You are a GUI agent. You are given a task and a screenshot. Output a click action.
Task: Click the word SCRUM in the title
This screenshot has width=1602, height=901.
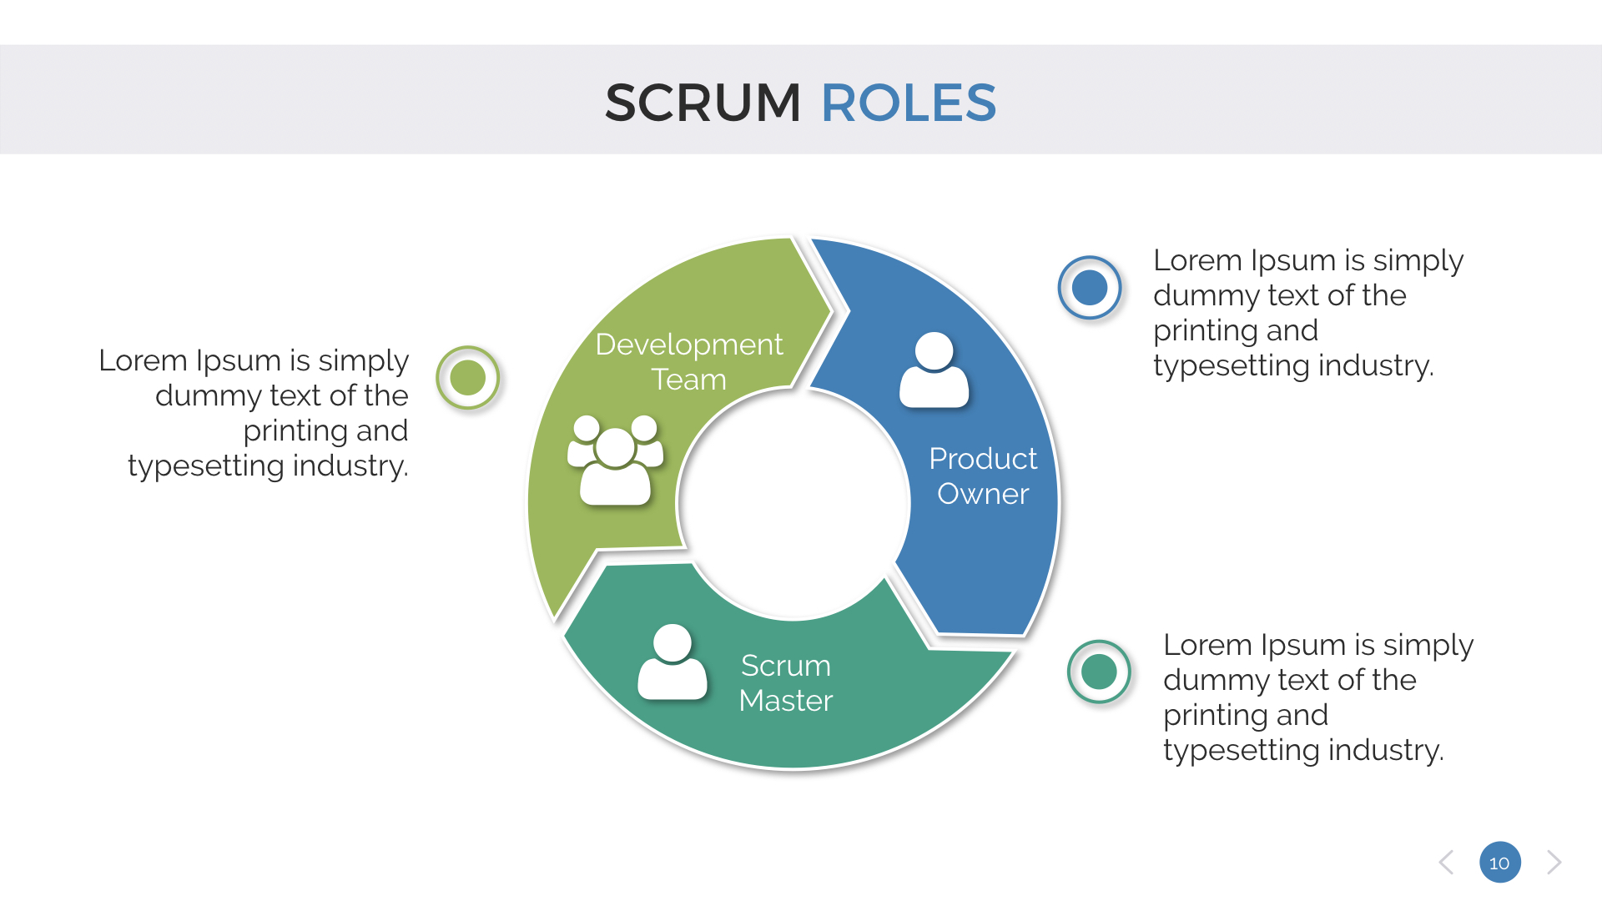click(703, 103)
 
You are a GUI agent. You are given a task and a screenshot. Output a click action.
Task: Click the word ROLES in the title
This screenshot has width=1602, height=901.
click(909, 103)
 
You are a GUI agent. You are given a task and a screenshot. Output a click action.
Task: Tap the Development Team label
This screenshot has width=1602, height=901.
click(688, 361)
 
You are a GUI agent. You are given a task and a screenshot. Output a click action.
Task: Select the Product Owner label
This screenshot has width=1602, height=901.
click(983, 476)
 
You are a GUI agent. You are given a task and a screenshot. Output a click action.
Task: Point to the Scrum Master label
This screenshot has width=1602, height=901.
click(785, 682)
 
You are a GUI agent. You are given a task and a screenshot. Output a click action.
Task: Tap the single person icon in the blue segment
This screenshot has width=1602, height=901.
click(934, 370)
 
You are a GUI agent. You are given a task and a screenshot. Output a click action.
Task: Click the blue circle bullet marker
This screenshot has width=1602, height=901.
click(1089, 288)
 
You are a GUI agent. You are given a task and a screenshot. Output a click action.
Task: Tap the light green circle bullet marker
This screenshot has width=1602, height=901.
click(468, 378)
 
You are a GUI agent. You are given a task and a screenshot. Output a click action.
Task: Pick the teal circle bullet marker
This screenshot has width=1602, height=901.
click(1099, 672)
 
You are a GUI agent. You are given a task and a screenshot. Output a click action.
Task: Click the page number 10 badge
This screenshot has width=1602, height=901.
click(1499, 863)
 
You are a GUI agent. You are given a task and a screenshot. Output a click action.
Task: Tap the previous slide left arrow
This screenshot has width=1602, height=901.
click(1447, 863)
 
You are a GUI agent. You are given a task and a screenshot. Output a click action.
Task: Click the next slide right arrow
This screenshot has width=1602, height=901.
click(1554, 863)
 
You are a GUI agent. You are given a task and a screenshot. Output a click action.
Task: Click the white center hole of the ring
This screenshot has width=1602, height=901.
click(793, 503)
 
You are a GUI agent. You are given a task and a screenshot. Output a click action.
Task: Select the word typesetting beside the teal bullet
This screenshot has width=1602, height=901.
click(1241, 750)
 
